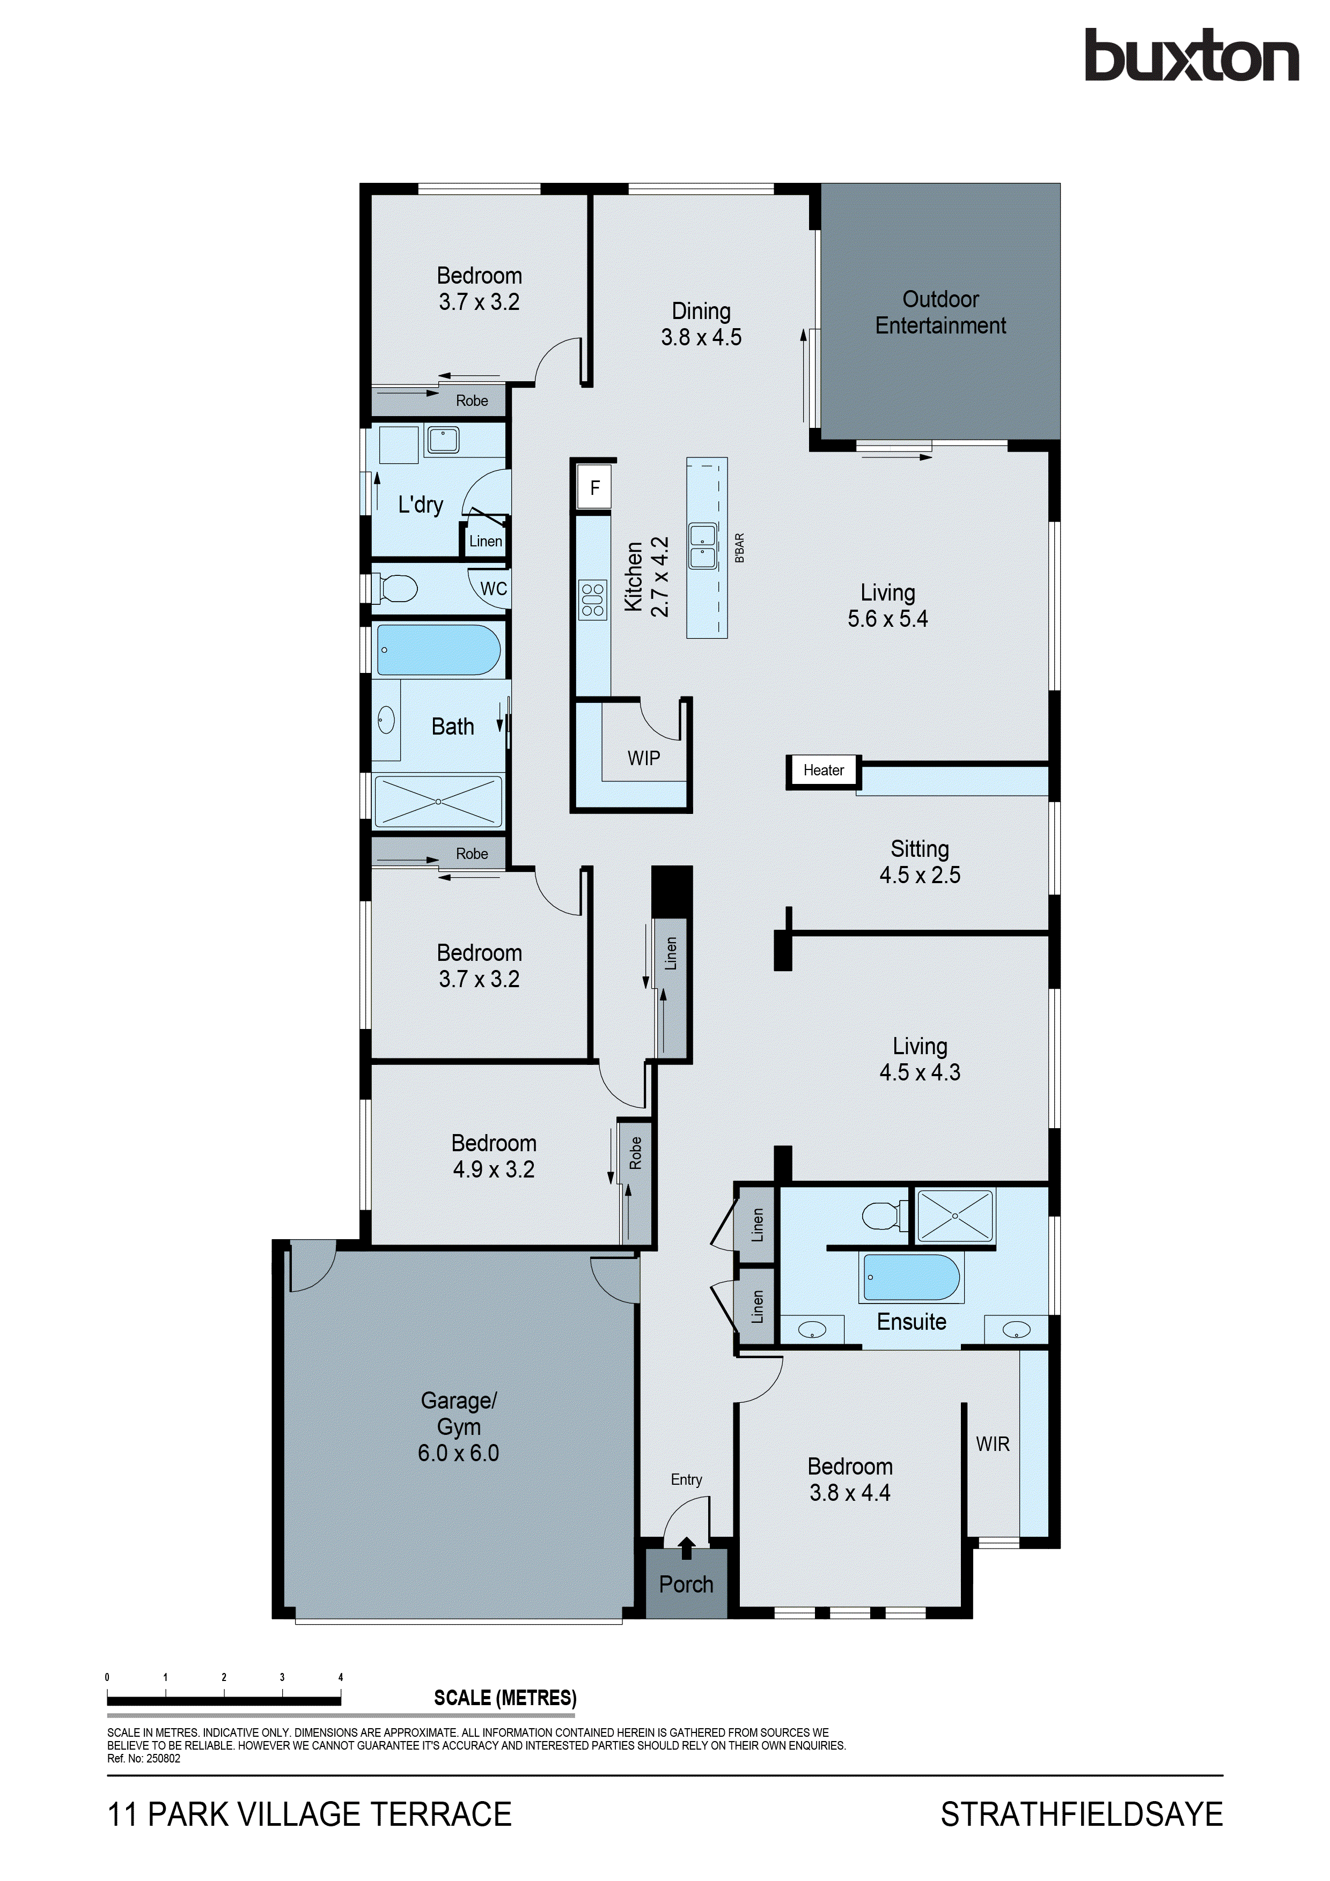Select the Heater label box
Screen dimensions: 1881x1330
click(823, 770)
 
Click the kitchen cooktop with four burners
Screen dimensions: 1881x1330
click(592, 599)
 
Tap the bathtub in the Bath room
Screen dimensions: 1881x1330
click(438, 650)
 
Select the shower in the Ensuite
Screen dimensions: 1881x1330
click(954, 1217)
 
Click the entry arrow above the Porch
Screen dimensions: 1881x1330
click(687, 1547)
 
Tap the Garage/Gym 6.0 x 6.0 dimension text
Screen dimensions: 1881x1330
click(458, 1453)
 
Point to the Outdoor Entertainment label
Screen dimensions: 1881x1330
click(940, 312)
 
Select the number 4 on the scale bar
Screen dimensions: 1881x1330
click(341, 1677)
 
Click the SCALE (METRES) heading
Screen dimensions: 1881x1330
click(505, 1698)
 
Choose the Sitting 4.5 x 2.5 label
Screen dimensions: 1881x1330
click(920, 862)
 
